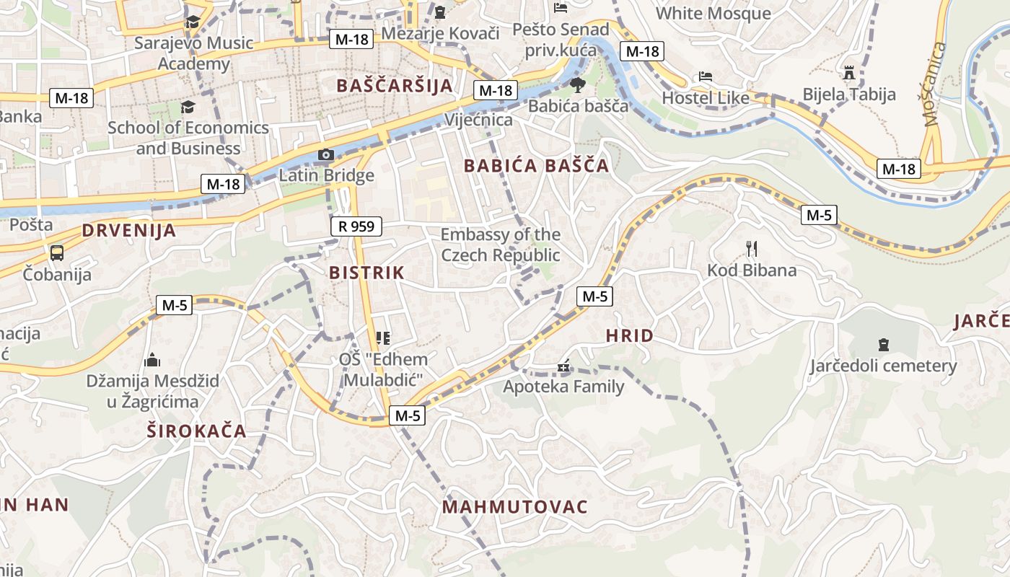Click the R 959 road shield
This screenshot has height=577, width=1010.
(x=356, y=226)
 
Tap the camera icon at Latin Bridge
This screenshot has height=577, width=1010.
(x=326, y=155)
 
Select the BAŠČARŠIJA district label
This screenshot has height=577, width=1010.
(x=395, y=86)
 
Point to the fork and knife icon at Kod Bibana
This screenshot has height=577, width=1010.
(x=752, y=250)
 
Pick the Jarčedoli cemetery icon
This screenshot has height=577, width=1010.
(x=884, y=345)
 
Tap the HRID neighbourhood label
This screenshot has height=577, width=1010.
(x=629, y=335)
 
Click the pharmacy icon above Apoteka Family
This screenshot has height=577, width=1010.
(x=563, y=367)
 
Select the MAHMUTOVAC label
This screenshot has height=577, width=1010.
(x=514, y=507)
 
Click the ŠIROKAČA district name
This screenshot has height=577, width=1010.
(x=196, y=431)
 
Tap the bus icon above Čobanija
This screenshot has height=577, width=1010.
(x=57, y=253)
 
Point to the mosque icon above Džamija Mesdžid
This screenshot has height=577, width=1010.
(x=152, y=359)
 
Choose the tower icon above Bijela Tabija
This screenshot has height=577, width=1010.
(x=849, y=74)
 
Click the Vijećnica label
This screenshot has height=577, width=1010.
(x=478, y=120)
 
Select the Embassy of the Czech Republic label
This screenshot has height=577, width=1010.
(x=500, y=245)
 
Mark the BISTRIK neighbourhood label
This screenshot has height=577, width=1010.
(x=366, y=273)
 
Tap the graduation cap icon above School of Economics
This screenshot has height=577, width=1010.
(x=188, y=107)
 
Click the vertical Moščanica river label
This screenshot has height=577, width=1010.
(x=936, y=84)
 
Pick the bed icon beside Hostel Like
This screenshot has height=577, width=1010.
(x=705, y=76)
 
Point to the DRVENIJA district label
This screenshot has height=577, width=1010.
(x=128, y=231)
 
